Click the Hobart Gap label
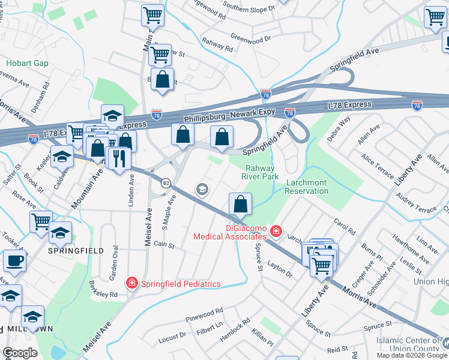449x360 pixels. [23, 62]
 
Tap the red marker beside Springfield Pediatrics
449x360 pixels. [131, 283]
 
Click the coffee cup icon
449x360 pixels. [14, 262]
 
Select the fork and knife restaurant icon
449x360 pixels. [119, 158]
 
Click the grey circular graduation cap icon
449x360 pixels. [202, 190]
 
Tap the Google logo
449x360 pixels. [20, 352]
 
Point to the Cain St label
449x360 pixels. [163, 244]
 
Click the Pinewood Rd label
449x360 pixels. [205, 313]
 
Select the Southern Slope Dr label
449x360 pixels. [249, 8]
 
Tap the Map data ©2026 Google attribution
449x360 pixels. [411, 355]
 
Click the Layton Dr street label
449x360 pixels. [280, 269]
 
